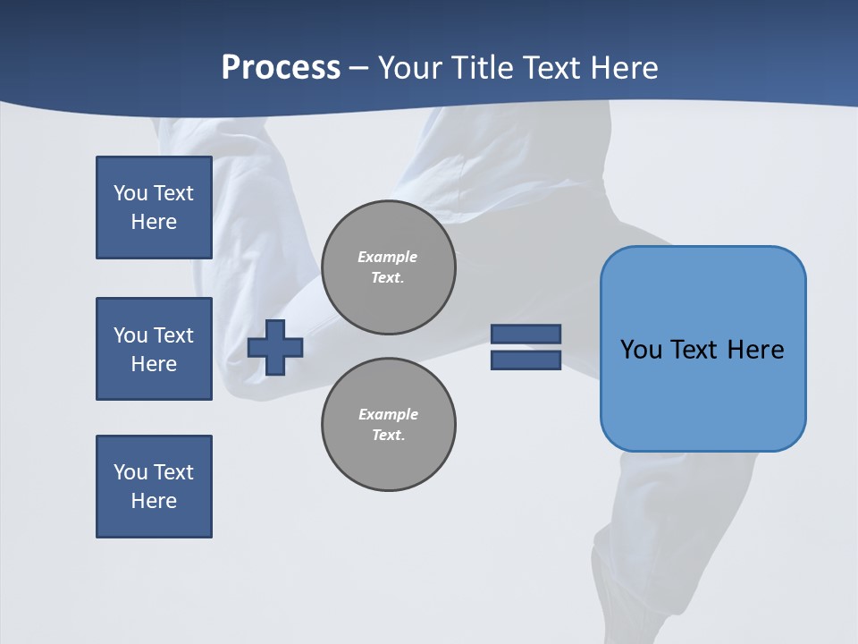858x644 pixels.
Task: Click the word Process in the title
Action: (281, 68)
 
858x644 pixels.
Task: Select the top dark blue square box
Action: (154, 208)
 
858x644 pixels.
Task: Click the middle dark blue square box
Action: (154, 349)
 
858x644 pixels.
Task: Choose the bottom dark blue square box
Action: (154, 487)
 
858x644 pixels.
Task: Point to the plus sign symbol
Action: (275, 347)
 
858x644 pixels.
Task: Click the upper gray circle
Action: (389, 267)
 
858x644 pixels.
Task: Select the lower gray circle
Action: (389, 425)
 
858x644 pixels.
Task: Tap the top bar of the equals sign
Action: (526, 334)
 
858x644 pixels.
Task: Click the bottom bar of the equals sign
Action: (526, 360)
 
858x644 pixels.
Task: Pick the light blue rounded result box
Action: (702, 349)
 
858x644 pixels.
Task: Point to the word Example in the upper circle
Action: (388, 257)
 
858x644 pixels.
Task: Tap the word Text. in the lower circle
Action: (388, 436)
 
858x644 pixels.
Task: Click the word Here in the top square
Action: (154, 222)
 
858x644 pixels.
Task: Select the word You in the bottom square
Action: (130, 472)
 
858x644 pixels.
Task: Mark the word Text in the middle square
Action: (173, 335)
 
